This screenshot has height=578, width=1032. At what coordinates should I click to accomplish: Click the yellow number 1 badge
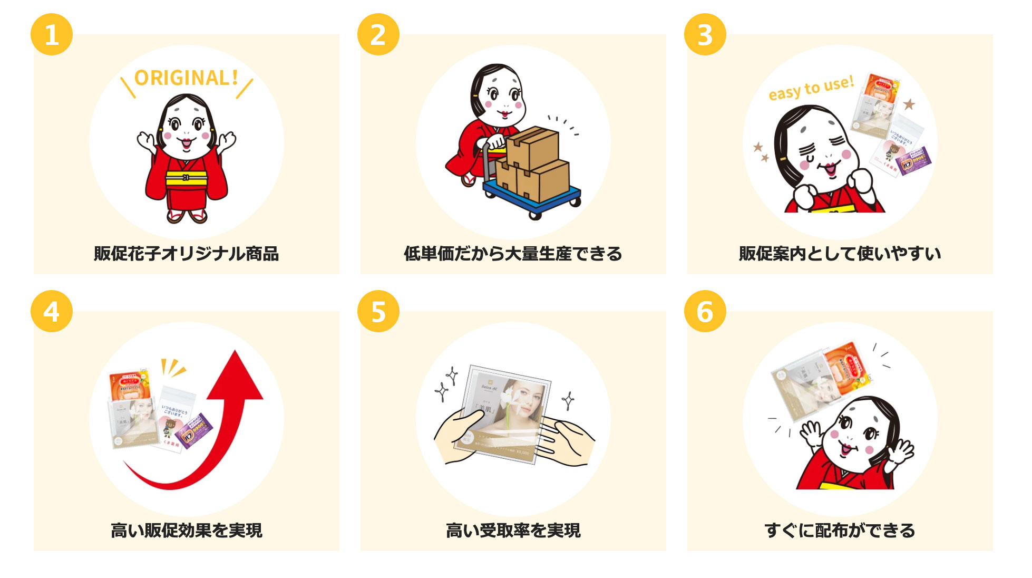[52, 35]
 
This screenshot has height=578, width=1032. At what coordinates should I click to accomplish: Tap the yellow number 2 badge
[378, 35]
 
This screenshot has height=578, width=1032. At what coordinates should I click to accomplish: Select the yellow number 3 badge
[705, 35]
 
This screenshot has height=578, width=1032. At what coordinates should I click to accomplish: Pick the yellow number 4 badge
[52, 312]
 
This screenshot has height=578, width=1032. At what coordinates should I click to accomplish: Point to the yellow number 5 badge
[378, 312]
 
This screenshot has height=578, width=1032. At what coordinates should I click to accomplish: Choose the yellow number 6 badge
[705, 312]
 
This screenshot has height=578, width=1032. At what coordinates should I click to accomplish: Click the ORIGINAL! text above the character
[186, 78]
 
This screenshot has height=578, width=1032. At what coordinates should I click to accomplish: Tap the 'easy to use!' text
[811, 88]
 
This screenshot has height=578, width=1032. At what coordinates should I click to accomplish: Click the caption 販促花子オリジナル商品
[186, 254]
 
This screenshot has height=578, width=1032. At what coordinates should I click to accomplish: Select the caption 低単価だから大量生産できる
[513, 254]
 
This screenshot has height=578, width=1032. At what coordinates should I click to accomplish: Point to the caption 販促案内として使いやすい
[840, 254]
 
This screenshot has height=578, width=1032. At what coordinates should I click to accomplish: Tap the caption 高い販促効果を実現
[186, 530]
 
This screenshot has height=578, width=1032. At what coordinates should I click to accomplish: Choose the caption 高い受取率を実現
[513, 530]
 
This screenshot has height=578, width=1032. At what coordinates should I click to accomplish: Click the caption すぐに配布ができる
[840, 530]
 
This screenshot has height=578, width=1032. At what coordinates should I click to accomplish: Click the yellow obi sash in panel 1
[186, 178]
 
